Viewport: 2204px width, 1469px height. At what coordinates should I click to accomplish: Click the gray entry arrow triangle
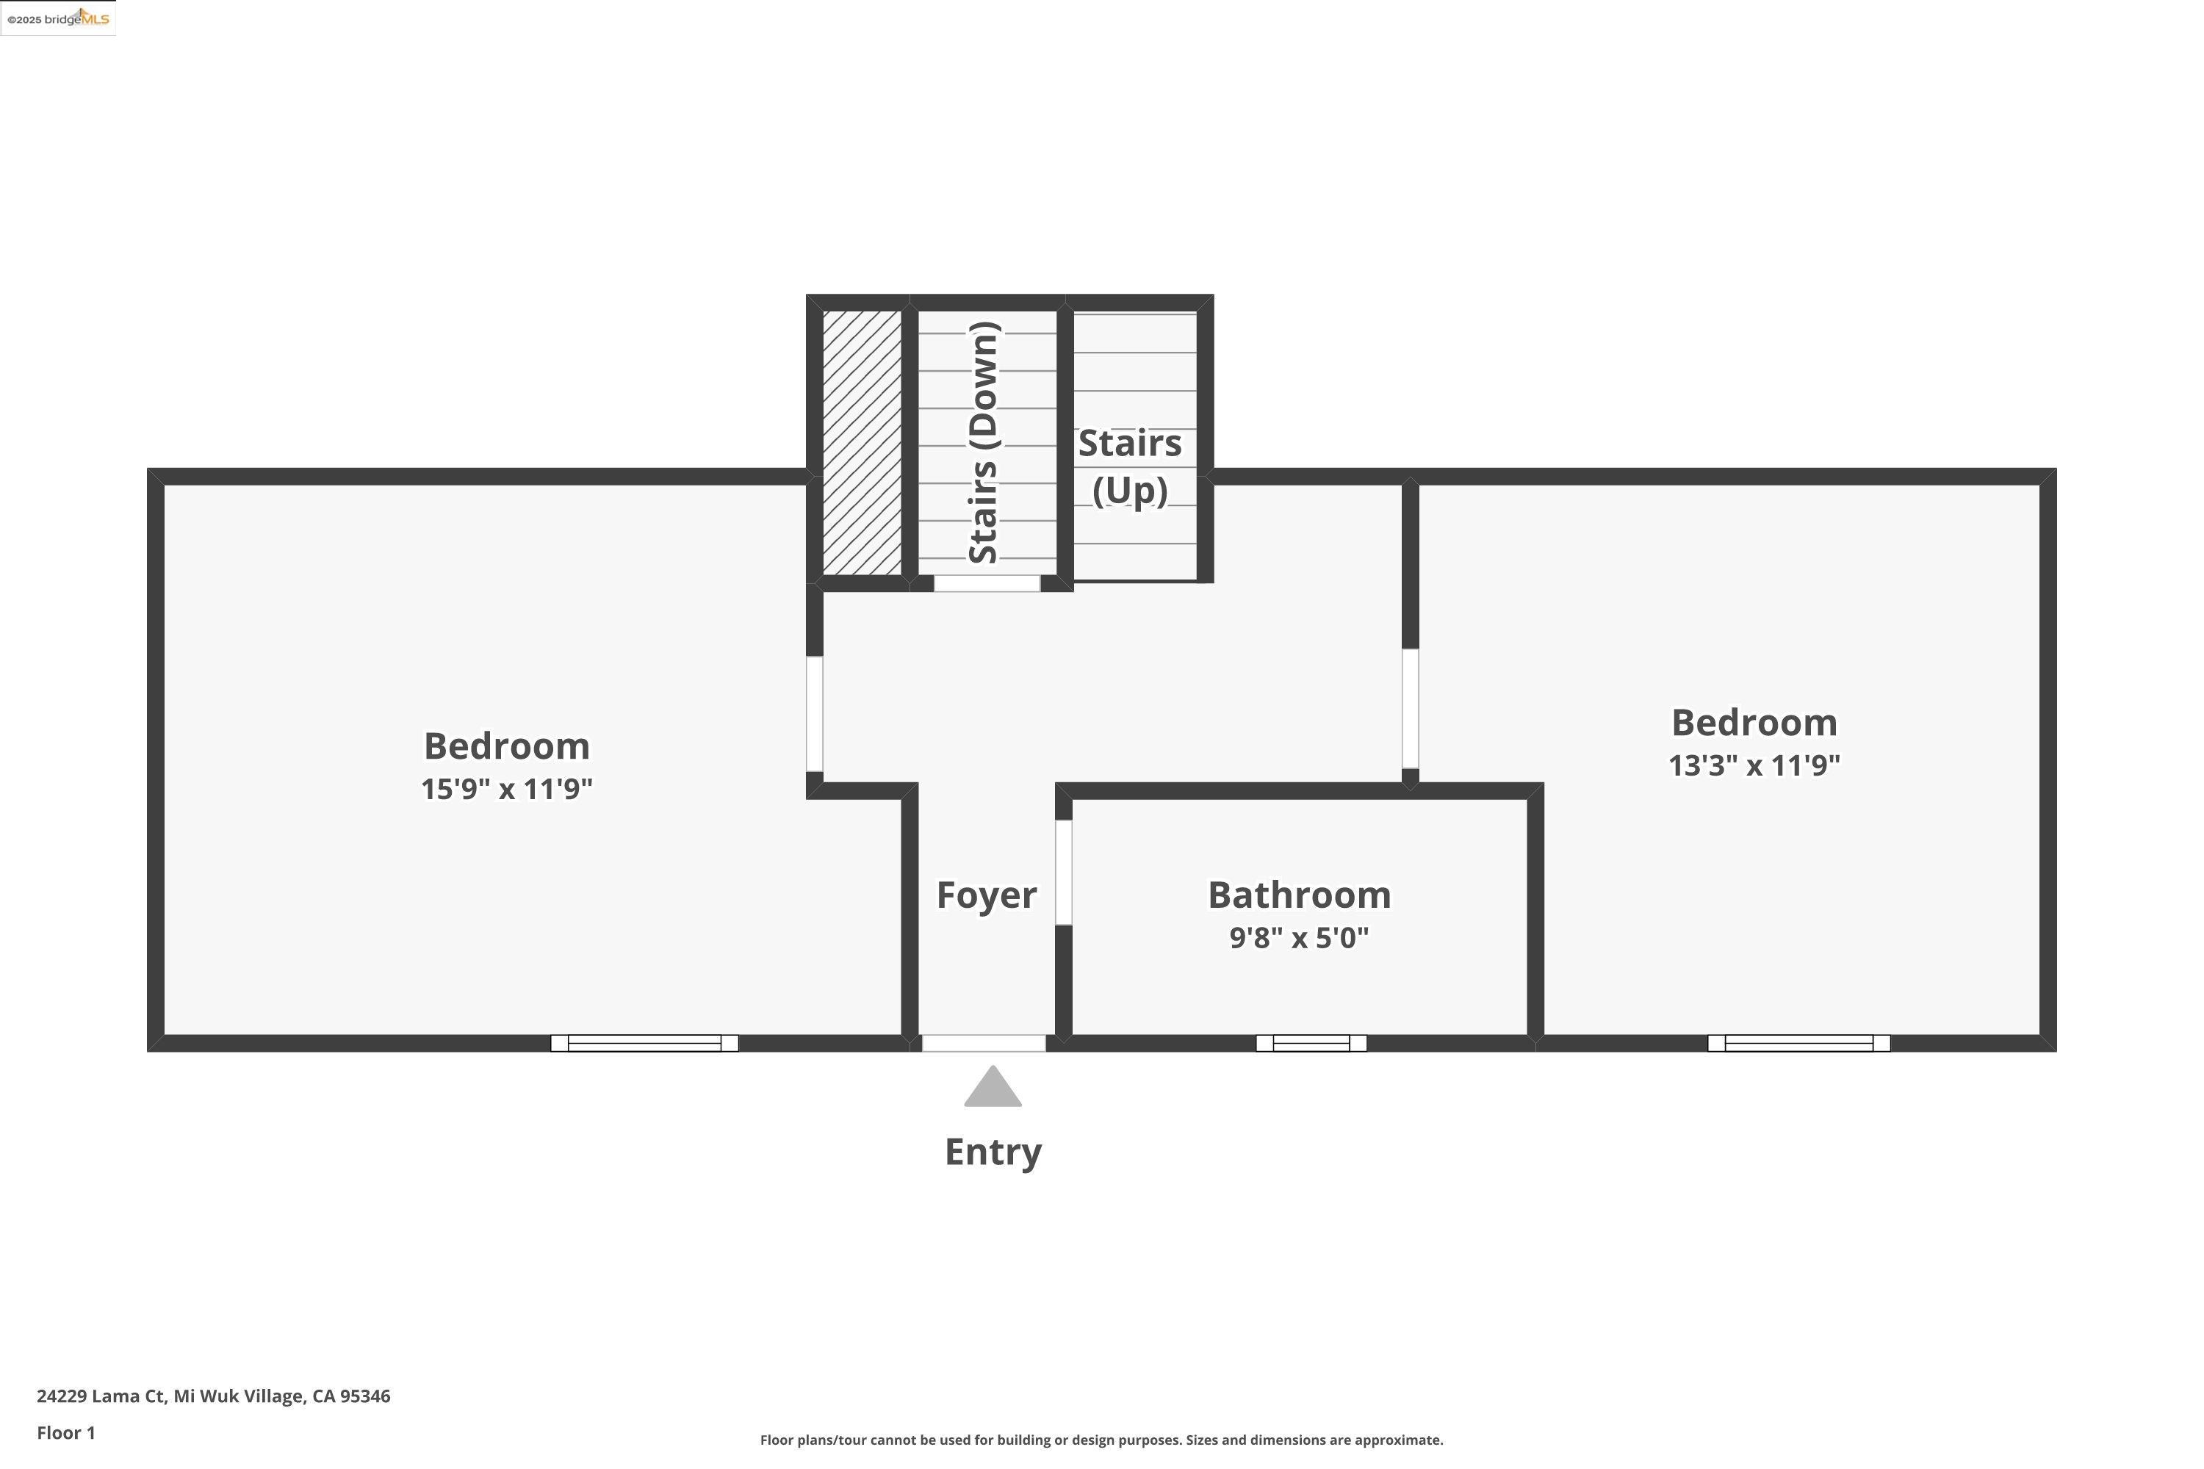pos(993,1089)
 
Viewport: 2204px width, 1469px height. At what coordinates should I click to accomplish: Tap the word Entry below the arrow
pos(993,1152)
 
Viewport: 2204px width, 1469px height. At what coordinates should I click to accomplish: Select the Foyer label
pos(986,895)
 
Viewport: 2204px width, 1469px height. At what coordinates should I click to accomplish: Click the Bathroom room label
pos(1299,895)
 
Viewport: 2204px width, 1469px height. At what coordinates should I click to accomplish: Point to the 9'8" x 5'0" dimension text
pos(1299,938)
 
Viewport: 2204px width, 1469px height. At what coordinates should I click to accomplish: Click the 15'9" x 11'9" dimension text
pos(506,789)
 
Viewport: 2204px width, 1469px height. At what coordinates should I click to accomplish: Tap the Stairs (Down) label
pos(984,442)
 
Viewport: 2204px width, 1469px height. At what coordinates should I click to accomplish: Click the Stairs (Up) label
pos(1129,466)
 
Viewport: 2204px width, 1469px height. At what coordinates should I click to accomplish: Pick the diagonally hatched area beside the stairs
pos(861,442)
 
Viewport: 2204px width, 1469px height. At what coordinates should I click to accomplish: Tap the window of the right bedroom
pos(1798,1043)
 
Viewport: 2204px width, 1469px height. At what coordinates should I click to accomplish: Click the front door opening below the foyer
pos(983,1043)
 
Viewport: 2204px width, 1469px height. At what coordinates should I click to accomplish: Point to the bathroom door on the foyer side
pos(1064,873)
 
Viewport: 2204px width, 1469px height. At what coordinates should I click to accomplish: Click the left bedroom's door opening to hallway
pos(814,714)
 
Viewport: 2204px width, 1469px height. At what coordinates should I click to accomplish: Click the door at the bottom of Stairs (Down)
pos(987,582)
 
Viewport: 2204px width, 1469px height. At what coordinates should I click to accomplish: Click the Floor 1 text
pos(65,1432)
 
